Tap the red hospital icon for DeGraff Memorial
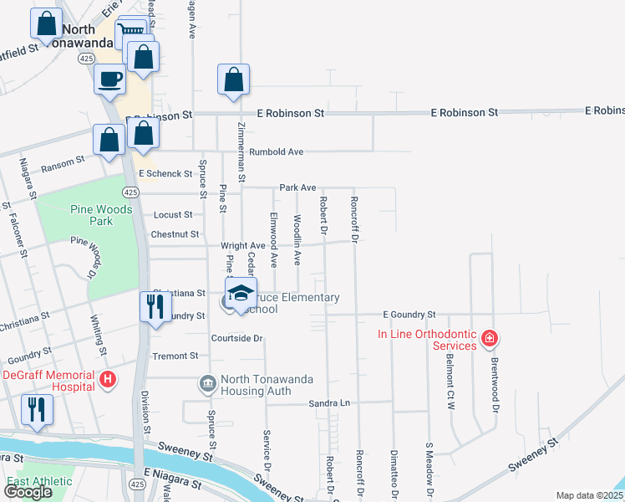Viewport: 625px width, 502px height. click(x=107, y=380)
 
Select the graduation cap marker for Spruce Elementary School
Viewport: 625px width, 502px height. click(x=241, y=293)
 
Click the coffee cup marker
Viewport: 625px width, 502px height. click(x=110, y=79)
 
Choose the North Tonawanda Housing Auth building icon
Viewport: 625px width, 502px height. click(x=206, y=384)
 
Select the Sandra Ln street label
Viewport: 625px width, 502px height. click(x=328, y=403)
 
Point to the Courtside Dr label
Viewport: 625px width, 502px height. click(x=237, y=338)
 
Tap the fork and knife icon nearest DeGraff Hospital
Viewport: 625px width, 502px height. click(x=37, y=409)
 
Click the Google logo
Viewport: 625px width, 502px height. click(x=28, y=492)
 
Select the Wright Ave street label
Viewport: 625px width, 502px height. click(x=243, y=246)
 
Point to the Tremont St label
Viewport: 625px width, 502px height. click(x=175, y=356)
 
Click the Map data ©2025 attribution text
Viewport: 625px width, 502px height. click(x=589, y=495)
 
